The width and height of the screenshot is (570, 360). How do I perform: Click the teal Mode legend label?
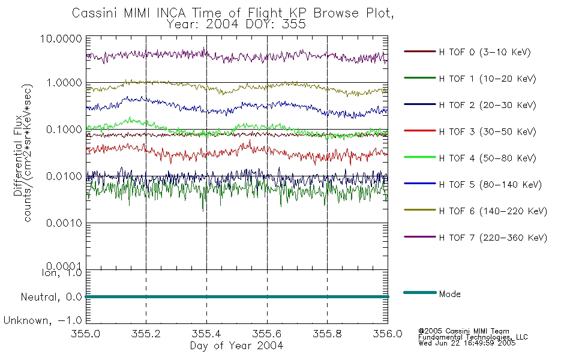[x=449, y=294]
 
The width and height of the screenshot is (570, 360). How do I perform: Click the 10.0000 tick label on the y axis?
[x=61, y=38]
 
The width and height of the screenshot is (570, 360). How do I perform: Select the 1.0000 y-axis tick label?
[x=64, y=83]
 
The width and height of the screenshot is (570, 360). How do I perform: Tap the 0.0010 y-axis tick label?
[x=64, y=223]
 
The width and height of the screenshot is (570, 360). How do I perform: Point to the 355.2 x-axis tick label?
[x=146, y=334]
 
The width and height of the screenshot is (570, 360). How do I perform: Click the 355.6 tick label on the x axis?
[x=267, y=334]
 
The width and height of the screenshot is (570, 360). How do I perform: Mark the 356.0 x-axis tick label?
[x=388, y=334]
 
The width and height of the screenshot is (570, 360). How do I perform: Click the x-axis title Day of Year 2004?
[x=236, y=346]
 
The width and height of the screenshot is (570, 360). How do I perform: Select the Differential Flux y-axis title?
[x=18, y=156]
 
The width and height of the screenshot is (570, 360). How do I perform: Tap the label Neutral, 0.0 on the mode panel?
[x=51, y=297]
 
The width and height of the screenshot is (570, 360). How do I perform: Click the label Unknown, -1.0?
[x=43, y=320]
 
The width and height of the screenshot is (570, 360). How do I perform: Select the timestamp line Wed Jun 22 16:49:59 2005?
[x=467, y=343]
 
